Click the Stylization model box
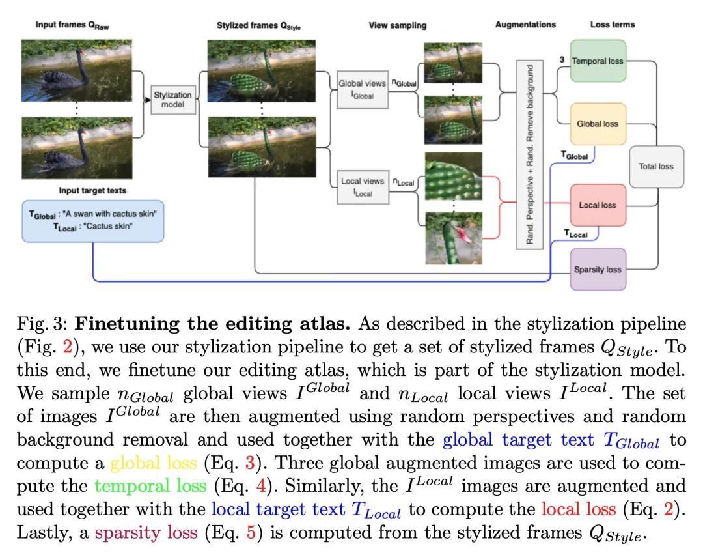click(173, 99)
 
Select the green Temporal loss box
click(598, 61)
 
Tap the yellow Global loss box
click(598, 124)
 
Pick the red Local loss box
click(598, 205)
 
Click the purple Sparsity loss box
click(598, 269)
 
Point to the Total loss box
click(655, 166)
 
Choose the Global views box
click(362, 89)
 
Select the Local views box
click(362, 186)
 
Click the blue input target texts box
click(92, 221)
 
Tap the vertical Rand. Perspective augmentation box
click(529, 154)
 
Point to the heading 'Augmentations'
click(525, 25)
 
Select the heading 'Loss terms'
click(612, 25)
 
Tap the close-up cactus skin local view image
click(453, 177)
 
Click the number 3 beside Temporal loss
click(561, 59)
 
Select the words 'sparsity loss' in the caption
click(146, 533)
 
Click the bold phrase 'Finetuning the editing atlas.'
click(214, 323)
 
